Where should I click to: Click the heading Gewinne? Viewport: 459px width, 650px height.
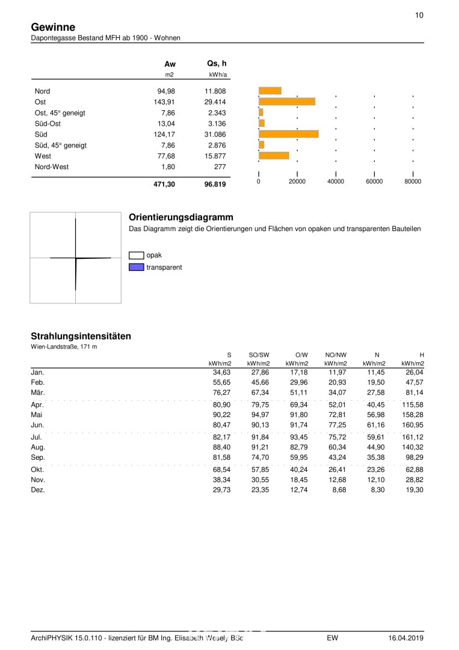pos(53,27)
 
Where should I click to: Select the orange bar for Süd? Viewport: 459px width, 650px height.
pos(288,134)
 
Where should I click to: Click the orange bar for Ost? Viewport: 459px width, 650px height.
pos(286,102)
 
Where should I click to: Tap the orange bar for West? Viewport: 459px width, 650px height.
pos(274,156)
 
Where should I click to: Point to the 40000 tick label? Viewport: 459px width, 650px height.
pos(336,182)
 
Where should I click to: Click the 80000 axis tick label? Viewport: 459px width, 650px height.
pos(413,182)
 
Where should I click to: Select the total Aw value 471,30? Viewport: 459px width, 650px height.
pos(164,185)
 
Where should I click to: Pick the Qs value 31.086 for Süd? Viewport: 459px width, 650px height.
pos(215,134)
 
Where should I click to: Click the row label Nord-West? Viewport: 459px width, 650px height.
pos(52,167)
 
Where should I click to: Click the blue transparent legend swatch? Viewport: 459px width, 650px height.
pos(136,267)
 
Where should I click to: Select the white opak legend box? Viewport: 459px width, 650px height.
pos(136,255)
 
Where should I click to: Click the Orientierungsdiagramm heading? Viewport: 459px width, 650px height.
pos(181,217)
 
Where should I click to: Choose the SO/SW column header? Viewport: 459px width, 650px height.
pos(259,355)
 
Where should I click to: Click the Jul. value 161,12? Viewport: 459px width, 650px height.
pos(413,437)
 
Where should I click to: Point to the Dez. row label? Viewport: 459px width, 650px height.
pos(38,490)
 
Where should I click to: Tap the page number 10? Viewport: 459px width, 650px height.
pos(419,16)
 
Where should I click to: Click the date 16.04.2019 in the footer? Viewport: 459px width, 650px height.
pos(406,637)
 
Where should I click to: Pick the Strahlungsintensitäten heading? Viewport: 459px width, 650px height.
pos(81,336)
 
